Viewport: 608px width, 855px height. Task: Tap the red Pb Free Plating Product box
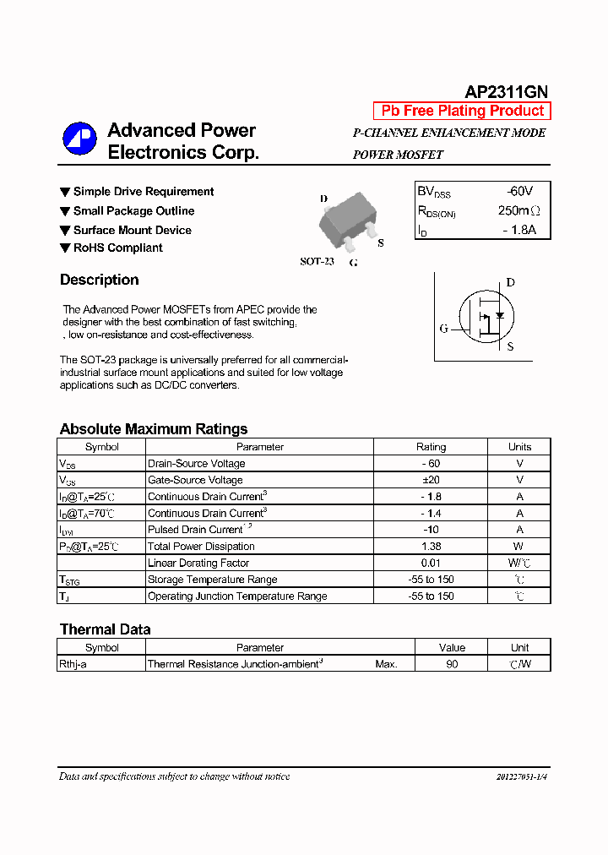[462, 111]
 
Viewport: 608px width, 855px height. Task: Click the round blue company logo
[79, 139]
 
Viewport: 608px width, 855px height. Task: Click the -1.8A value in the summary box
[517, 230]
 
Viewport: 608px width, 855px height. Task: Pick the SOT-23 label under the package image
[317, 261]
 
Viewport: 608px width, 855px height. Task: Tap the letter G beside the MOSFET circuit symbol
[443, 329]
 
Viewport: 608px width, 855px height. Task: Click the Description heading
[99, 280]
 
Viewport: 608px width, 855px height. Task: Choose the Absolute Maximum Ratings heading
[153, 428]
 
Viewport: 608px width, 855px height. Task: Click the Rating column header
[431, 447]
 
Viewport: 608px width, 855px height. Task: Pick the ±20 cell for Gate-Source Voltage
[431, 480]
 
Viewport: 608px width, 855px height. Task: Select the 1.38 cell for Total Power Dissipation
[431, 546]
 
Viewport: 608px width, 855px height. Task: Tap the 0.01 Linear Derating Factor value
[431, 563]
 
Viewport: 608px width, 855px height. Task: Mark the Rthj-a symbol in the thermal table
[73, 664]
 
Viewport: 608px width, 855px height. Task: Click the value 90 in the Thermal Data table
[452, 664]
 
